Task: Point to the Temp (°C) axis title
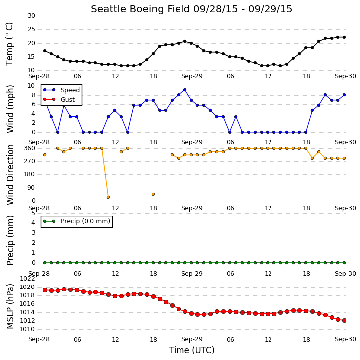pos(9,44)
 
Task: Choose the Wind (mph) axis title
pos(10,109)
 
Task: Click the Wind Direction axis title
pos(10,175)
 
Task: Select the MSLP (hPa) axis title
pos(10,306)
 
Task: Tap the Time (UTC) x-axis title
pos(192,350)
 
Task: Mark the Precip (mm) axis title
pos(10,241)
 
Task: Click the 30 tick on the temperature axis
pos(31,16)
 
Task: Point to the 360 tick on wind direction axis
pos(30,148)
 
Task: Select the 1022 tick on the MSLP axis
pos(27,279)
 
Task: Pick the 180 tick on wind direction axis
pos(30,174)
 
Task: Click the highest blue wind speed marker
pos(185,90)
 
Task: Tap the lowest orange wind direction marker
pos(108,197)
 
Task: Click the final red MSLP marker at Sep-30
pos(344,320)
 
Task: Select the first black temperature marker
pos(45,51)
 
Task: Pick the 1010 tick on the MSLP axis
pos(27,329)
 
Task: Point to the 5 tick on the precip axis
pos(33,213)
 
